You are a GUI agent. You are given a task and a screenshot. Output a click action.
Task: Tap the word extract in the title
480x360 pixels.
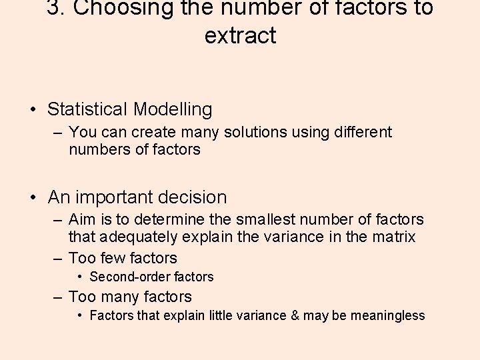pyautogui.click(x=240, y=35)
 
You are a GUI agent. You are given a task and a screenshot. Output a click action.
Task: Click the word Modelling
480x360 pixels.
pyautogui.click(x=173, y=109)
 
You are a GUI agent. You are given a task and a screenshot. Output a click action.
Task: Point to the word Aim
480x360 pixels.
pyautogui.click(x=83, y=219)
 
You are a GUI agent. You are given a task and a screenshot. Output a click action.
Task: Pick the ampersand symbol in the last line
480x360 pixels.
pyautogui.click(x=295, y=315)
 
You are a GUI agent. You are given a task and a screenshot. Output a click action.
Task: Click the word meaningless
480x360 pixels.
pyautogui.click(x=387, y=315)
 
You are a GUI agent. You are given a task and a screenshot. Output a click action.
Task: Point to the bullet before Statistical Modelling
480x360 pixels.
pyautogui.click(x=33, y=109)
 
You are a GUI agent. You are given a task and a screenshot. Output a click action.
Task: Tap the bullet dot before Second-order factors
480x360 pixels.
pyautogui.click(x=80, y=277)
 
